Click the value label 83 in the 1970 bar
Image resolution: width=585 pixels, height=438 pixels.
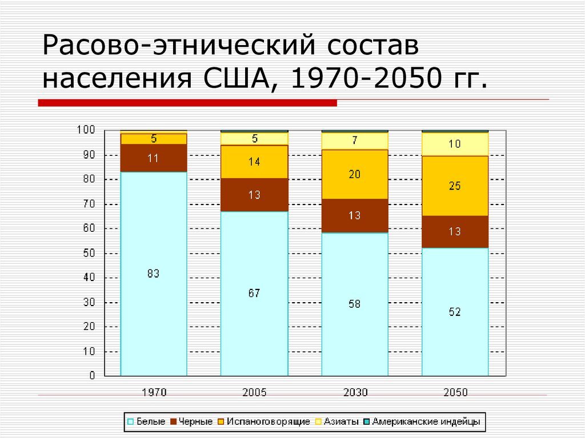click(x=153, y=274)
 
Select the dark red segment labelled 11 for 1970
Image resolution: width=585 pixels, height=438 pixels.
click(x=153, y=158)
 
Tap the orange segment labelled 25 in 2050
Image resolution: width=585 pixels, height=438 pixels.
click(x=455, y=186)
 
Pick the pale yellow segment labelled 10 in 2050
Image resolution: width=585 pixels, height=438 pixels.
click(x=455, y=144)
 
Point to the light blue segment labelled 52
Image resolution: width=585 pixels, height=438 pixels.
click(x=455, y=312)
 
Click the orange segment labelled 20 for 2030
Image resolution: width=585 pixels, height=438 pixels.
click(x=354, y=174)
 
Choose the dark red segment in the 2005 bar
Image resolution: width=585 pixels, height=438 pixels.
click(x=254, y=195)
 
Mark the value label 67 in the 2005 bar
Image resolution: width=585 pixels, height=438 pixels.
click(x=254, y=293)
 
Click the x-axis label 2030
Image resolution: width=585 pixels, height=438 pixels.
click(x=355, y=392)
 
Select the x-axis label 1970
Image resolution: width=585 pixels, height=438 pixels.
click(x=153, y=392)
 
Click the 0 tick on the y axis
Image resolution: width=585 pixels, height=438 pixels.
click(x=91, y=376)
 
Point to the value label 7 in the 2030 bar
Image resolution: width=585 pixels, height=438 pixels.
click(x=354, y=140)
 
